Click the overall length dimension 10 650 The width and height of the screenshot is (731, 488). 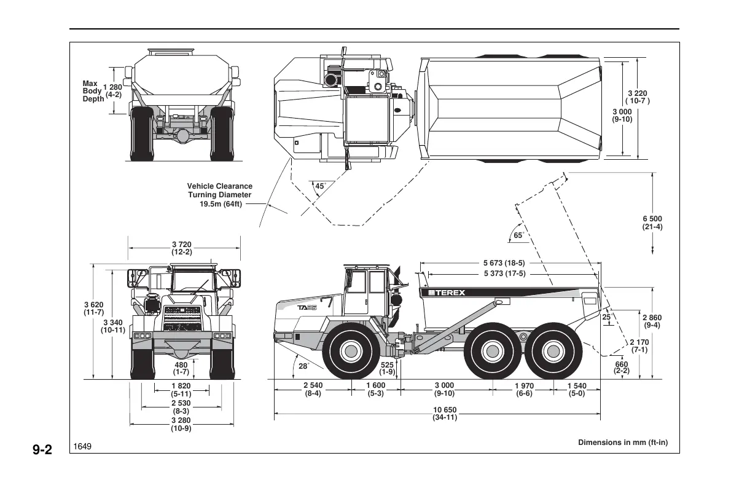pos(445,414)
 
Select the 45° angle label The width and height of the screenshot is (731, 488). pos(320,186)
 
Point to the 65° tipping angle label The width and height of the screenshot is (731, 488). pos(518,235)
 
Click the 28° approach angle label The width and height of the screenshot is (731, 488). pos(303,366)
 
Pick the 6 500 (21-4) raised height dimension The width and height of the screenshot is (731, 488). pos(652,222)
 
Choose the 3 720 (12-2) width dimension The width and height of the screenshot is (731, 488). pos(181,248)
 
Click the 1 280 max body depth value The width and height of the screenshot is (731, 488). pos(113,90)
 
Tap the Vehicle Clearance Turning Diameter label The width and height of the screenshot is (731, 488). pos(219,195)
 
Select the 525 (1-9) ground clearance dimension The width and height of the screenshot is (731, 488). pos(387,368)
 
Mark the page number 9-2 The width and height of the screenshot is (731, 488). pos(43,451)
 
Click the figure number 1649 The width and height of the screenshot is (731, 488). pos(83,446)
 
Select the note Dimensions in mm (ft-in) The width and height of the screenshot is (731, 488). pos(622,443)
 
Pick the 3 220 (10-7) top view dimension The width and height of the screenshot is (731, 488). pos(637,97)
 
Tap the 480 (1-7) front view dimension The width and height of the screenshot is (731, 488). pos(181,368)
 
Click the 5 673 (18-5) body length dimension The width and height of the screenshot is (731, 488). pos(508,263)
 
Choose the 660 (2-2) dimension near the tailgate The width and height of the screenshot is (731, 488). pos(621,367)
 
